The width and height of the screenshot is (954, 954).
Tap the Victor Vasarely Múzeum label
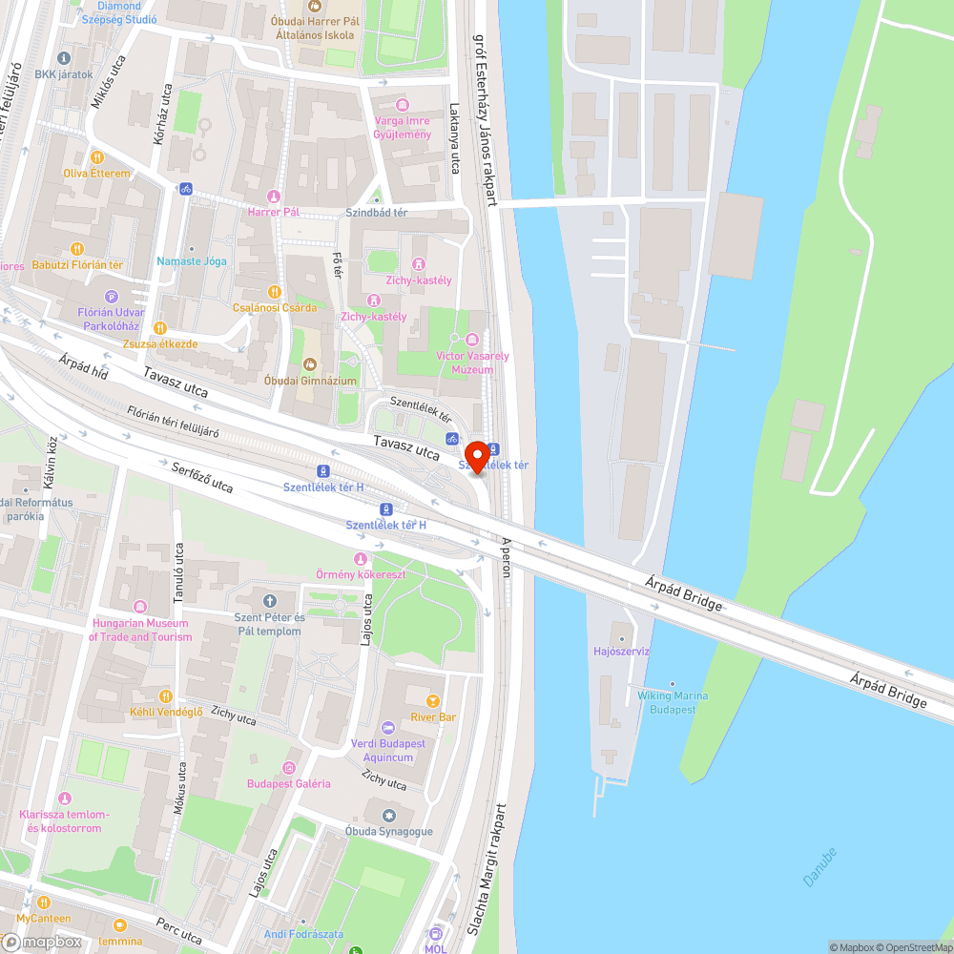[471, 363]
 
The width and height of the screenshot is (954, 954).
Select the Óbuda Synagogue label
[388, 831]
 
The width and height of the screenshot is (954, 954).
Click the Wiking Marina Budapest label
[673, 702]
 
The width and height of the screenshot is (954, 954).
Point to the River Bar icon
[434, 700]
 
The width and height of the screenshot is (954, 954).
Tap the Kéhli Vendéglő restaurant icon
[166, 696]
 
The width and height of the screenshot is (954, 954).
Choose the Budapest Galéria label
[288, 783]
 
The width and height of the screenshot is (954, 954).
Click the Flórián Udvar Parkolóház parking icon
[111, 297]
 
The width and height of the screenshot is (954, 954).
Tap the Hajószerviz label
[621, 652]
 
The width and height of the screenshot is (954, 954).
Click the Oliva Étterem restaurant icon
[96, 157]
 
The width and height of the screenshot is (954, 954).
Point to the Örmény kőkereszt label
[361, 574]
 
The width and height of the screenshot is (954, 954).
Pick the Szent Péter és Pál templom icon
[269, 601]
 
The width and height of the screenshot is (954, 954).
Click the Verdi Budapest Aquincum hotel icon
[388, 727]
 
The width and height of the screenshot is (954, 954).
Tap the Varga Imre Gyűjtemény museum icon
[402, 104]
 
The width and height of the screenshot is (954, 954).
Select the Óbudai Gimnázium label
[309, 381]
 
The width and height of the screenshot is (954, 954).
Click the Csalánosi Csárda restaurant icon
[275, 292]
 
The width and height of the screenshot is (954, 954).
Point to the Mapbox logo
[42, 942]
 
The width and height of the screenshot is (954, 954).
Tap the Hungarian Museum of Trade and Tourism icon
[141, 607]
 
